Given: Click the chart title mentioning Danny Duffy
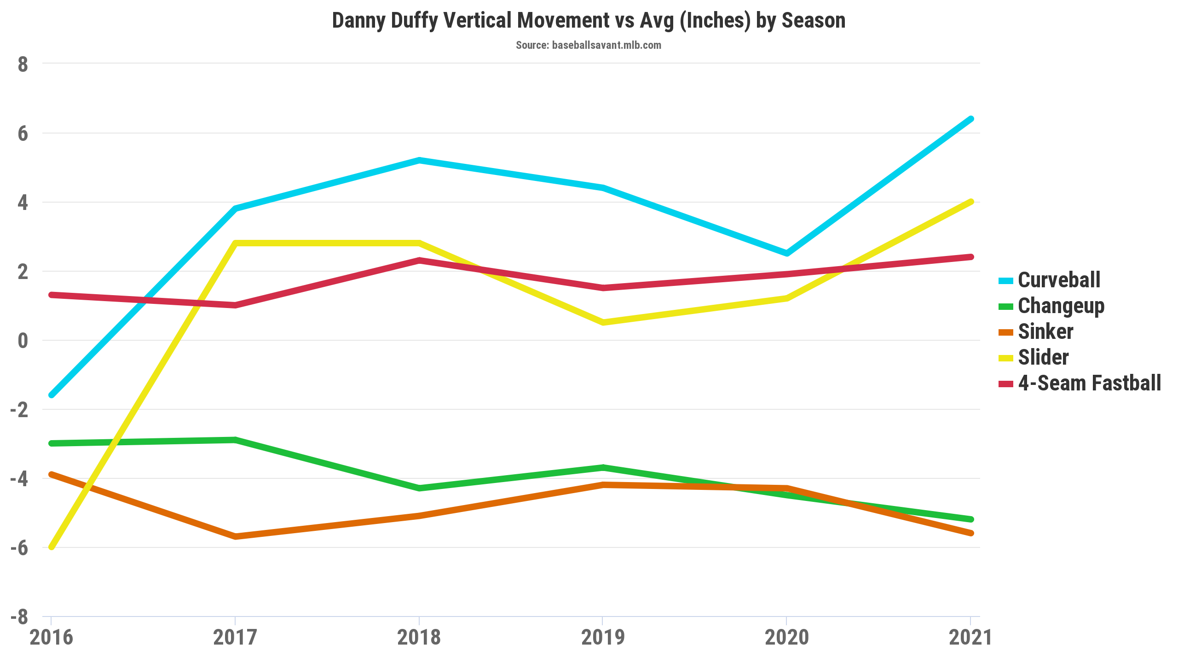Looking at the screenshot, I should pos(589,21).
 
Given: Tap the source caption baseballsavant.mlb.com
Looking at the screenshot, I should pos(589,45).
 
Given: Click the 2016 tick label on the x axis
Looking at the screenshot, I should pos(51,637).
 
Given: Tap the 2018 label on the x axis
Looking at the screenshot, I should pos(419,637).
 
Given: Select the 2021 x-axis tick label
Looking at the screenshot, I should pos(970,637).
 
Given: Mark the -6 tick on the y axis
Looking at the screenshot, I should pos(19,548).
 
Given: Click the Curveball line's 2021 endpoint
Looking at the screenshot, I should pos(970,119).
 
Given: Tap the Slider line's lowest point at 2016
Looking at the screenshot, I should pos(52,547).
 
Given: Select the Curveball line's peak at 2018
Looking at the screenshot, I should pos(419,161).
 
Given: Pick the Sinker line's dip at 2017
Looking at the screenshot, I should pos(235,536).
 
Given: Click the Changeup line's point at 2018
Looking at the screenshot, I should pos(419,488).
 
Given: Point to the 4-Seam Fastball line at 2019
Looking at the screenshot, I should pos(603,288).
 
